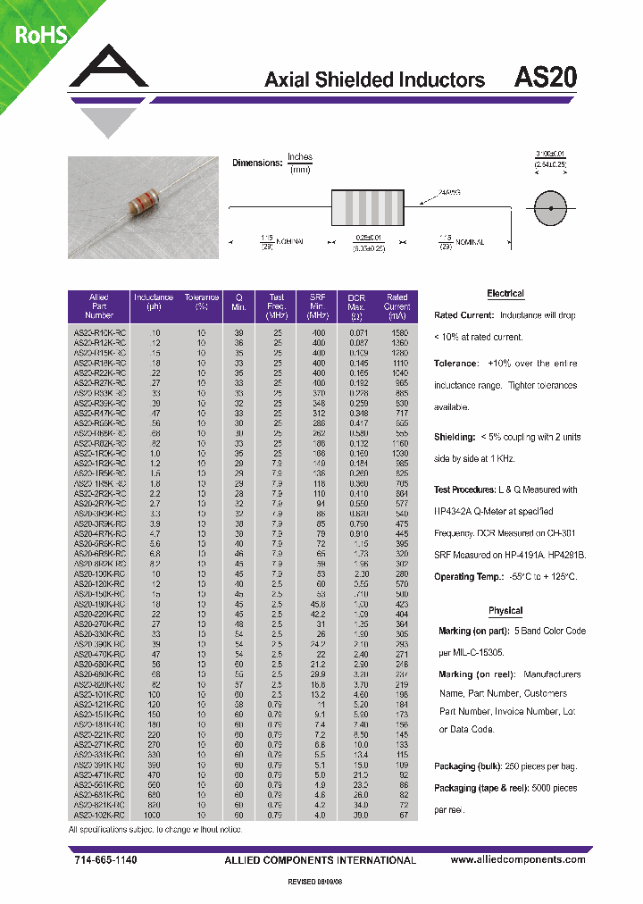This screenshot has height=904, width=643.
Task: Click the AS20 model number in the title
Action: click(546, 78)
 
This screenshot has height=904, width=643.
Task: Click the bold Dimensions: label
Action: click(257, 163)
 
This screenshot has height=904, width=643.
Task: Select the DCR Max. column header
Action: click(356, 306)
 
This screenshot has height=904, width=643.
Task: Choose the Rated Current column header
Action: click(397, 306)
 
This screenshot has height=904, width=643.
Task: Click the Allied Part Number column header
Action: click(98, 306)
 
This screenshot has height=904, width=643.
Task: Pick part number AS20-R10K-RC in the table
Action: click(98, 331)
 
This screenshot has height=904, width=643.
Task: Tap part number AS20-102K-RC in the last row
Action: click(98, 816)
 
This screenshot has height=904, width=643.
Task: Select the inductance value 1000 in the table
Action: click(153, 816)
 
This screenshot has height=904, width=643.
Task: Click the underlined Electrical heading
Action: click(505, 294)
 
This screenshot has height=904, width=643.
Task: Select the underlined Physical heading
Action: click(505, 611)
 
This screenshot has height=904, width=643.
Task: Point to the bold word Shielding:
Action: click(455, 437)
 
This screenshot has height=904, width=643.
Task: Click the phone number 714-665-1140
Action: click(104, 859)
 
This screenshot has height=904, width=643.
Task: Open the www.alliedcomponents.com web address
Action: click(518, 859)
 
